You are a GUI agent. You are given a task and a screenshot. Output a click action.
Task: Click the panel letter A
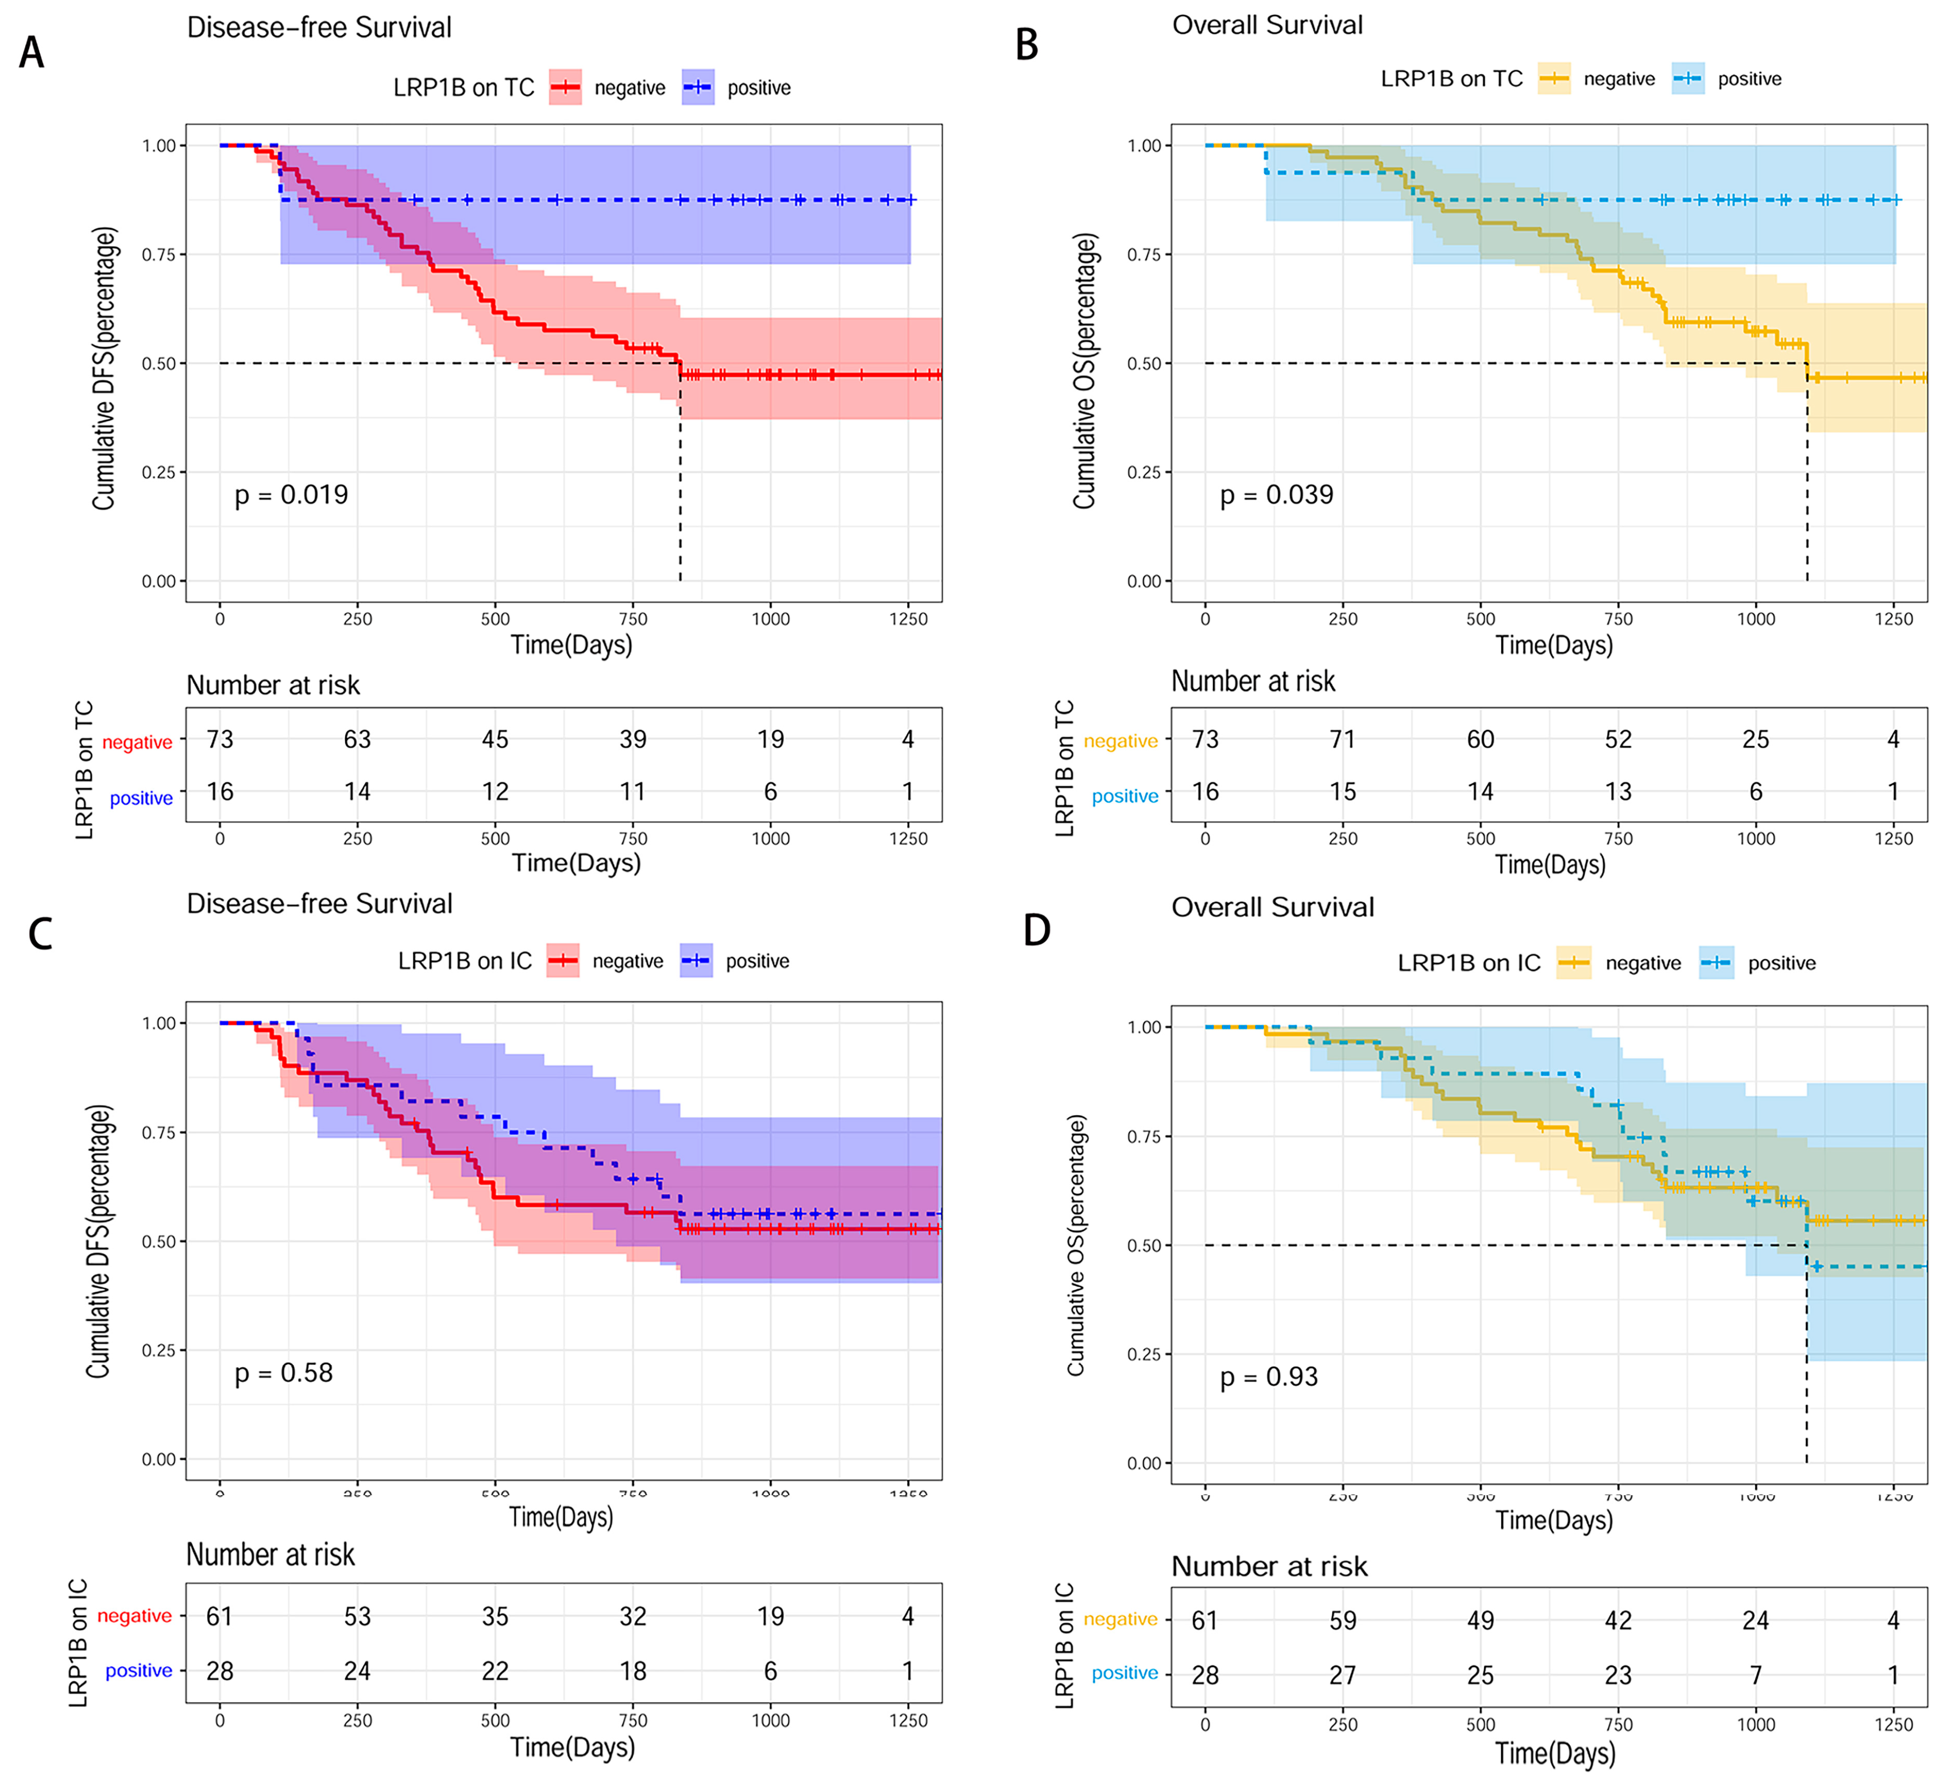(x=32, y=52)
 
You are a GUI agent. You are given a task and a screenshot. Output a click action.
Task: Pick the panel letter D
(x=1036, y=931)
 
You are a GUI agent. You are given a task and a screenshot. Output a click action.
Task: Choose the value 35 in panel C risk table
(x=495, y=1616)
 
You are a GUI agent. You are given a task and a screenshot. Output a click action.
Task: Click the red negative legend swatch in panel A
(x=565, y=88)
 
